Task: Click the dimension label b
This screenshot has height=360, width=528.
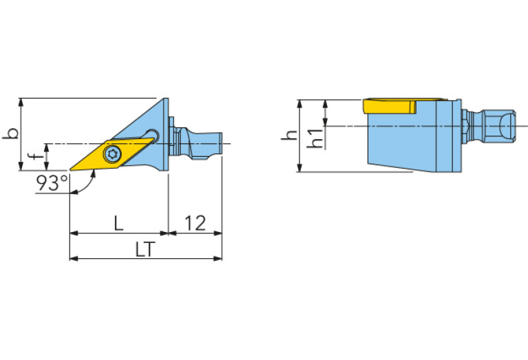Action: pos(11,134)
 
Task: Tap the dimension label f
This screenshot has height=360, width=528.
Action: pos(35,156)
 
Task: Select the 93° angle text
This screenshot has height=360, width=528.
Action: pos(52,183)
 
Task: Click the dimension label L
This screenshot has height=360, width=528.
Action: pos(118,222)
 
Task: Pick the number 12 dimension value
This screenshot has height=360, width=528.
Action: pos(196,222)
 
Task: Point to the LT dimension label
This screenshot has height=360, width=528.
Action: pos(145,249)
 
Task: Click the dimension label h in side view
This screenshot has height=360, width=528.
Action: pos(290,135)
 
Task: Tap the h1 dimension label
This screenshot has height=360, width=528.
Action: pos(315,138)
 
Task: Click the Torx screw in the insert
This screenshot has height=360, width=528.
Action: pos(112,154)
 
